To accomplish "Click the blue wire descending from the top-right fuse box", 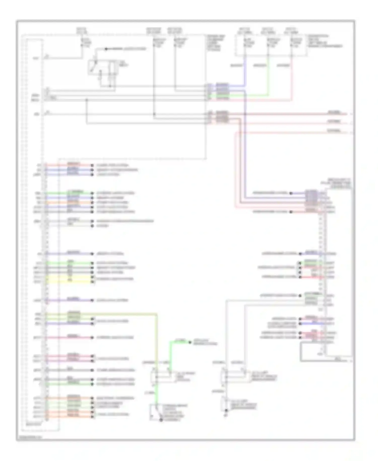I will click(x=244, y=73).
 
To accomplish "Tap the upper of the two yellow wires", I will click(x=68, y=277).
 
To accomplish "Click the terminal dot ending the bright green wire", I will click(x=191, y=342).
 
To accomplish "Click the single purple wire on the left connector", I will click(x=68, y=300).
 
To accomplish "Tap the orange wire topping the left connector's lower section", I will click(x=68, y=398).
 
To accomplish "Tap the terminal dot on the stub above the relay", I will click(x=106, y=49).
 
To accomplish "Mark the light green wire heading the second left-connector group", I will click(x=68, y=193).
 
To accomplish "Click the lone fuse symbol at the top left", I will click(x=82, y=43).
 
